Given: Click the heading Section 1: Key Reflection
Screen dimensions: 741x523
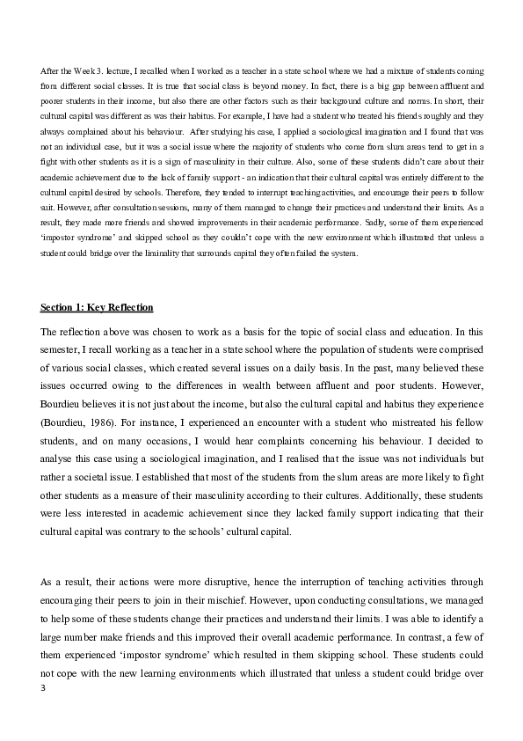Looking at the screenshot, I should pyautogui.click(x=97, y=307).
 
